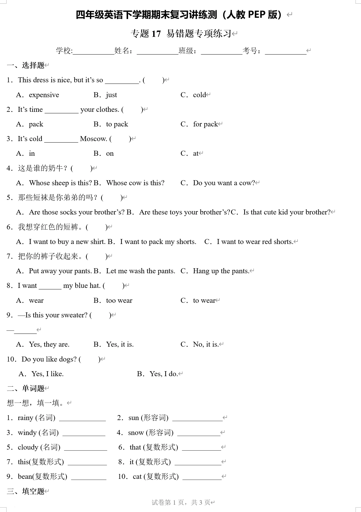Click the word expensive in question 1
point(44,95)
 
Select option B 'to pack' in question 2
point(117,124)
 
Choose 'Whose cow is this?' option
point(135,183)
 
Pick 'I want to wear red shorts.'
point(255,242)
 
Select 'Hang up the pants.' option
point(221,271)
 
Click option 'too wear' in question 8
point(119,300)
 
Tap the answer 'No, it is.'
point(206,344)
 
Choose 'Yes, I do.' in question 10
point(164,374)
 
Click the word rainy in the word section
point(25,418)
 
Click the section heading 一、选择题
point(26,65)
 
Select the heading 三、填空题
point(26,491)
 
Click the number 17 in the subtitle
point(156,34)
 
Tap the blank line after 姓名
point(157,52)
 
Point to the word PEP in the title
point(256,15)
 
